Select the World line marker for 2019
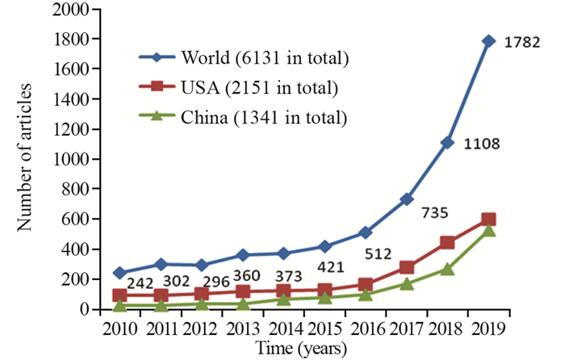488,40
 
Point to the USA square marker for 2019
488,220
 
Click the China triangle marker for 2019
488,231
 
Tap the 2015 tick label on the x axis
323,329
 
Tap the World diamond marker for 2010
118,273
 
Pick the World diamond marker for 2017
406,199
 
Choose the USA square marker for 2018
447,242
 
